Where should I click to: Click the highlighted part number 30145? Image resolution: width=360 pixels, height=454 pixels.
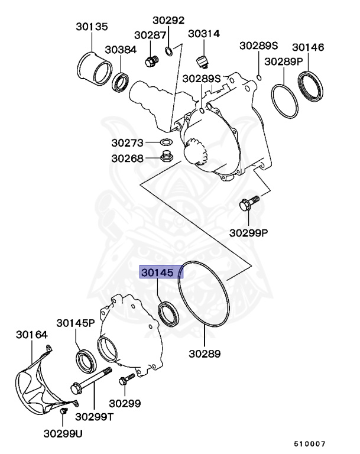161,272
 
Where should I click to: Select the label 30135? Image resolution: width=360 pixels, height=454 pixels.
92,27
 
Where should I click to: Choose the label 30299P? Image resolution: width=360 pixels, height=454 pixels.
249,232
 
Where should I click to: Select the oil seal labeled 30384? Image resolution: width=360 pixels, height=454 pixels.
122,80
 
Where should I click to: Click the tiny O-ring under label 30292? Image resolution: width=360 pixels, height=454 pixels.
169,50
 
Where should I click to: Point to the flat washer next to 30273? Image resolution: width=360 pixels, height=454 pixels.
167,142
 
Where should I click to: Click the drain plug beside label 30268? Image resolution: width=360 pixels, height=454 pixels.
167,157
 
